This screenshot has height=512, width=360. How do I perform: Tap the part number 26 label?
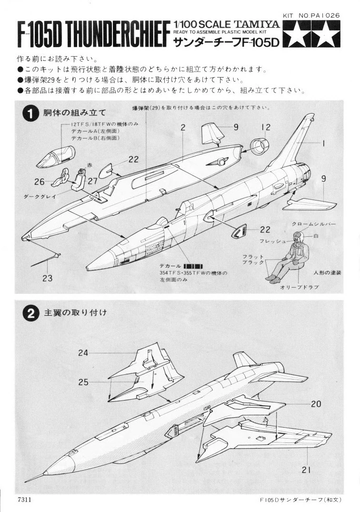coord(39,181)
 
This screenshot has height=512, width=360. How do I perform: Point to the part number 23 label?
coord(47,279)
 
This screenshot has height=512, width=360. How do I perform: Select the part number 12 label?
coord(266,127)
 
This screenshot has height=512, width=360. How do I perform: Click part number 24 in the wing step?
coord(84,353)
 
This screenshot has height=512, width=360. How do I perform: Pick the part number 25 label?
coord(84,382)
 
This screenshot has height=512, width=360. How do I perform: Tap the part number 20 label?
coord(316,404)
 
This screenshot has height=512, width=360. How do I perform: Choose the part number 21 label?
coord(306,470)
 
